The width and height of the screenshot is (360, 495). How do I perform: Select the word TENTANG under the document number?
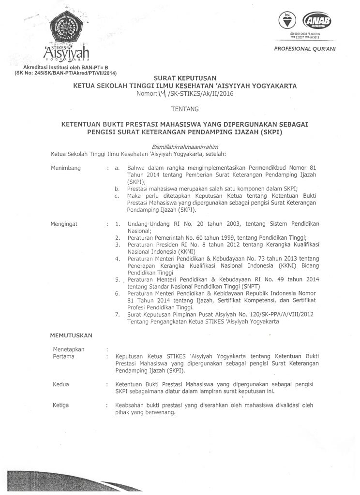click(181, 110)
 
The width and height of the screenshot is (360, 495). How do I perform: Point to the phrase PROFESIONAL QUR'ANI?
click(305, 49)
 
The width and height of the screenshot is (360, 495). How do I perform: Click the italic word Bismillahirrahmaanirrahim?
click(179, 147)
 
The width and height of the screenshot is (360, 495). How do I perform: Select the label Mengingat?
click(64, 225)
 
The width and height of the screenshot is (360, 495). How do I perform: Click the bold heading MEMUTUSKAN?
click(72, 335)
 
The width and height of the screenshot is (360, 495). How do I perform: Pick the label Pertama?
click(63, 356)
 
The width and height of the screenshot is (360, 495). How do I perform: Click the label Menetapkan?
click(68, 349)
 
